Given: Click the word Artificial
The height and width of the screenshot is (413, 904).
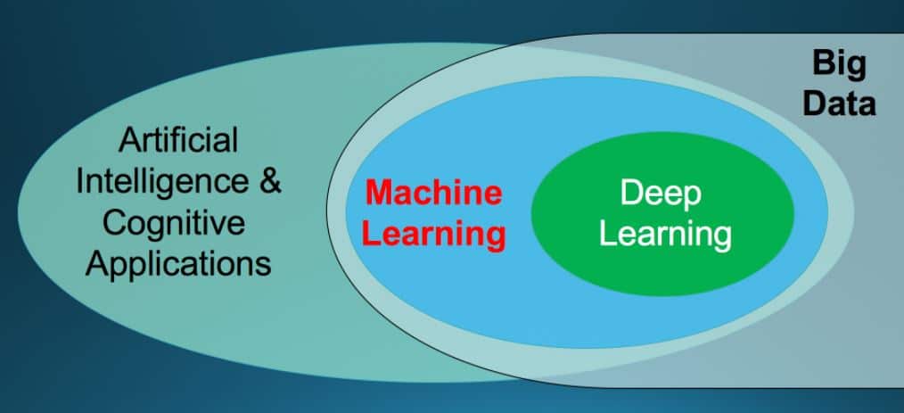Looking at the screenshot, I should pyautogui.click(x=178, y=140).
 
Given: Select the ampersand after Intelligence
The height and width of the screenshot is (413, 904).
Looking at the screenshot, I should pyautogui.click(x=270, y=181).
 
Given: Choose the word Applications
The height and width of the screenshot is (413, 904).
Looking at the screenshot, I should pyautogui.click(x=178, y=263).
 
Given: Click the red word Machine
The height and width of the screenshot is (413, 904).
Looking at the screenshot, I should pyautogui.click(x=434, y=193).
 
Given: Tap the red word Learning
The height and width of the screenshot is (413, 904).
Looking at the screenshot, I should pyautogui.click(x=436, y=235).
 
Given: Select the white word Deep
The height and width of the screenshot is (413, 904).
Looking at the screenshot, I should pyautogui.click(x=661, y=193).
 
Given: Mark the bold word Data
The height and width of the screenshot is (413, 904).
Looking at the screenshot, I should pyautogui.click(x=839, y=103).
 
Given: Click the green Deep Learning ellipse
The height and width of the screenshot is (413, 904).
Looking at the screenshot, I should pyautogui.click(x=662, y=268).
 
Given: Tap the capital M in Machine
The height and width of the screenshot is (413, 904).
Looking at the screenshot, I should pyautogui.click(x=379, y=193).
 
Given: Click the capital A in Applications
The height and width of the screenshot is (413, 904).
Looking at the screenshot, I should pyautogui.click(x=97, y=263).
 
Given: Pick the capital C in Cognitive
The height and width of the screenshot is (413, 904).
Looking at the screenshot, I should pyautogui.click(x=116, y=222).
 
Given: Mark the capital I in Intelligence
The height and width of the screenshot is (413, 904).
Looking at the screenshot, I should pyautogui.click(x=80, y=182).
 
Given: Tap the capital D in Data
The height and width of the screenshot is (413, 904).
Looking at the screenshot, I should pyautogui.click(x=816, y=103).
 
